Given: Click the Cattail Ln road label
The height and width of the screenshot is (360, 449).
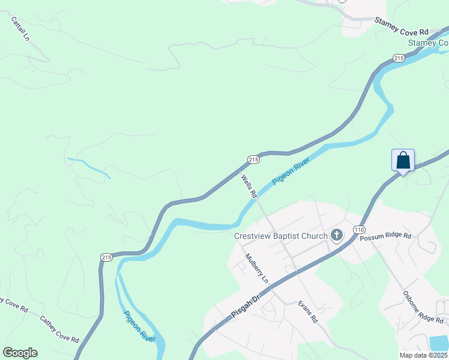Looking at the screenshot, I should (20, 28).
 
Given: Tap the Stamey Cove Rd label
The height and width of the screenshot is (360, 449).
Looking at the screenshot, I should (402, 27).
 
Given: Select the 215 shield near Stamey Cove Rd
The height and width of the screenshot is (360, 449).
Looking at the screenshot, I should (399, 58).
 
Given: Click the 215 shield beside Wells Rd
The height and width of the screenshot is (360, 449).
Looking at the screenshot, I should (253, 159).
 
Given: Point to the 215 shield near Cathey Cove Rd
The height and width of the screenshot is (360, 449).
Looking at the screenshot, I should (106, 257).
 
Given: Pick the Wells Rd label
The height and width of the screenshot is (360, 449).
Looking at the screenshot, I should (249, 187).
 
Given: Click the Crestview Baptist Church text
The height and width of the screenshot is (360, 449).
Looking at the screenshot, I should (281, 235).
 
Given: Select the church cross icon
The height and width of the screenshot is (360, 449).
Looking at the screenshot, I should (337, 235).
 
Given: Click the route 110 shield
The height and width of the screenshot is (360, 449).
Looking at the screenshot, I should (359, 230).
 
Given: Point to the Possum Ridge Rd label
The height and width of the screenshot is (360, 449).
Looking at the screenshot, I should (385, 237).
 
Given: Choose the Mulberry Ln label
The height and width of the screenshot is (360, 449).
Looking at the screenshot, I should (256, 268).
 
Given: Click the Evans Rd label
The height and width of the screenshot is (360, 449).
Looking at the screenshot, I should (308, 313).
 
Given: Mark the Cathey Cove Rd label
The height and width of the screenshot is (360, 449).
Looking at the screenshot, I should (59, 329).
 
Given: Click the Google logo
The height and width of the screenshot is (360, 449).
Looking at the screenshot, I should (20, 353).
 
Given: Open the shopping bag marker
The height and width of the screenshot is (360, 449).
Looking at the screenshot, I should (403, 160).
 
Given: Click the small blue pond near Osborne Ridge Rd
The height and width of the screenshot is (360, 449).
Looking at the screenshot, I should (440, 343).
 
